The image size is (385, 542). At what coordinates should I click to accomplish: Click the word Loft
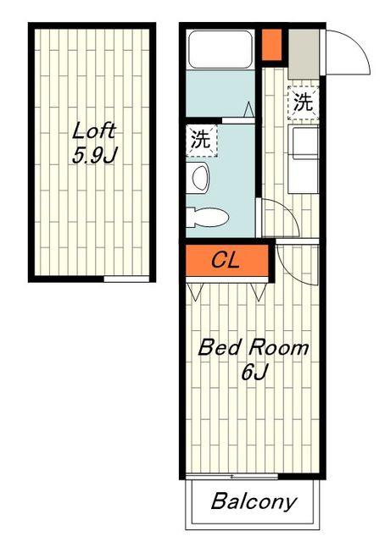[x=93, y=131]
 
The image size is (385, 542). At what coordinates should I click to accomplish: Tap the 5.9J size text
[x=95, y=155]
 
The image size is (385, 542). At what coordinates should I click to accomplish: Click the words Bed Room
[x=254, y=347]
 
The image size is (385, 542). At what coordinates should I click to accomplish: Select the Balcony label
[x=254, y=501]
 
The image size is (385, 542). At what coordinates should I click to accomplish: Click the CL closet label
[x=226, y=260]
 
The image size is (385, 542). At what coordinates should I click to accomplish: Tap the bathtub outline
[x=220, y=49]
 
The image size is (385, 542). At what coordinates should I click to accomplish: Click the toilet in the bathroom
[x=207, y=218]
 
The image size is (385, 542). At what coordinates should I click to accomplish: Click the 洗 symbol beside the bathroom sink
[x=202, y=140]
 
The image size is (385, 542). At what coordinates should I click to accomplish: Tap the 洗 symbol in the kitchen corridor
[x=304, y=102]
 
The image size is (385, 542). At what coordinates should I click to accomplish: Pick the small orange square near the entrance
[x=271, y=45]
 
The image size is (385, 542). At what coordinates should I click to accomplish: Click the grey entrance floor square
[x=304, y=54]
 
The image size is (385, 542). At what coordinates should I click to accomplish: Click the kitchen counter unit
[x=304, y=159]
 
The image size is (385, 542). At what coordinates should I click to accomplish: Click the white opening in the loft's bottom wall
[x=126, y=279]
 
